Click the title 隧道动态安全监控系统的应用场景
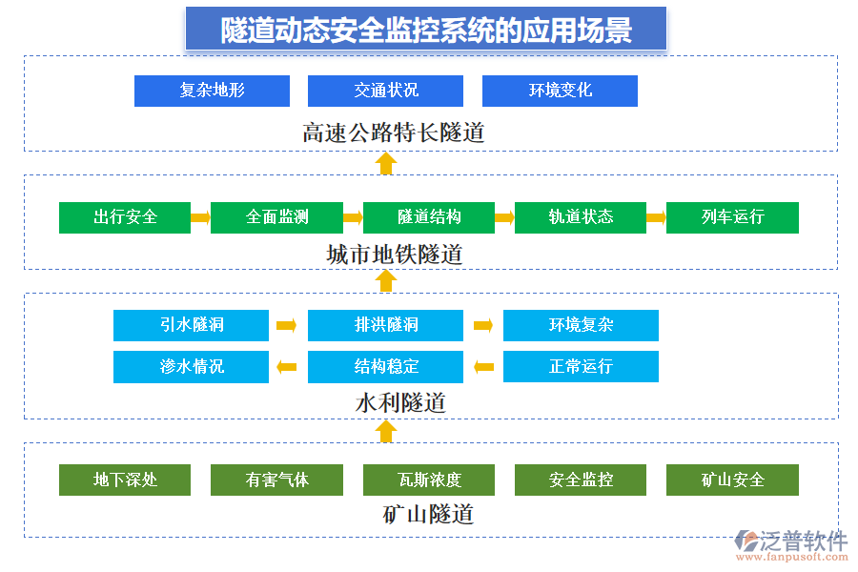point(426,30)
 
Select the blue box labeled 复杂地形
point(212,91)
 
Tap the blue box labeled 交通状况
point(385,91)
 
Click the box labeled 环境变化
point(560,91)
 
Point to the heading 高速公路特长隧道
point(393,133)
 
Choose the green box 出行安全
point(125,217)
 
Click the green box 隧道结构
point(429,217)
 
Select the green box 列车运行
point(732,217)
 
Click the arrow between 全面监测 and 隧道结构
point(353,217)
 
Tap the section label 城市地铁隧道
point(394,255)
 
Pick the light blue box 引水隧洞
point(191,325)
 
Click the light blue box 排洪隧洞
point(385,325)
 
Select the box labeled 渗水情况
point(191,367)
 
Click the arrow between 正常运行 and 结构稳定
point(483,367)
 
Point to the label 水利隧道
point(400,402)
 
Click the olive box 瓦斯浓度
point(429,480)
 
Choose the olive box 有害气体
point(276,480)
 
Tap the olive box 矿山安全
point(732,480)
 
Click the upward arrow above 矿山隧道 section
point(385,432)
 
